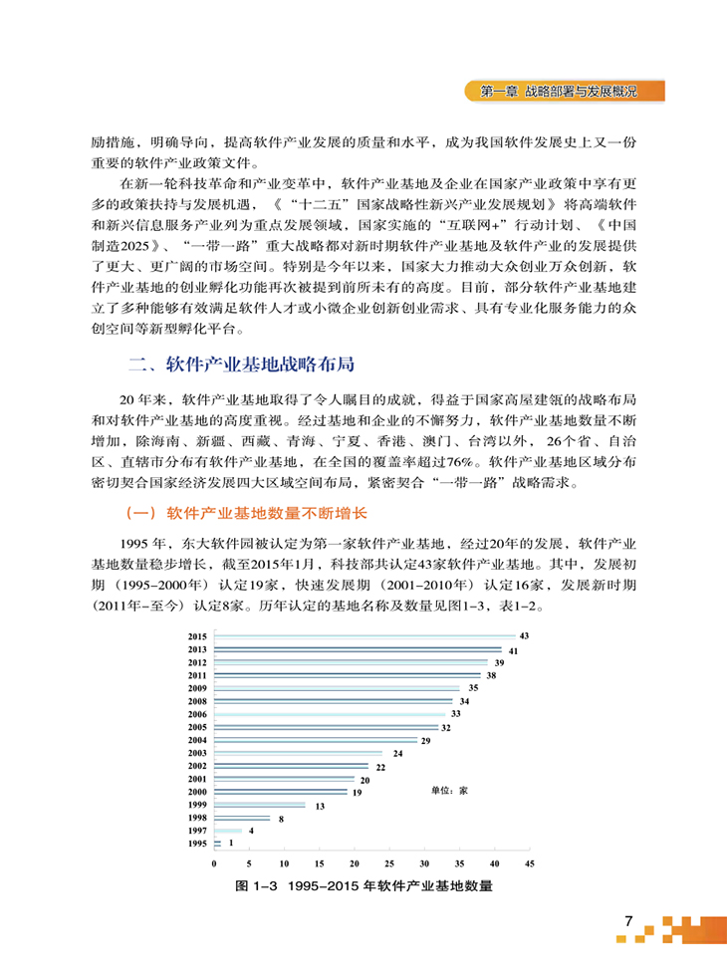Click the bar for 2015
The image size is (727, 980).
(363, 635)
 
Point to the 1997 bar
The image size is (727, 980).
(227, 831)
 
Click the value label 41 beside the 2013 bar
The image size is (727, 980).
(512, 650)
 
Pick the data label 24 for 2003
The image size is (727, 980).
(397, 754)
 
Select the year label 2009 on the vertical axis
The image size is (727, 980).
(196, 688)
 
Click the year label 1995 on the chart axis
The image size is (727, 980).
(196, 844)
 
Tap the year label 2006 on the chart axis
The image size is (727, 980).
(196, 714)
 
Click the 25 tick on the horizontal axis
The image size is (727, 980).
(388, 862)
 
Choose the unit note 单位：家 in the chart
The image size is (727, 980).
(449, 791)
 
